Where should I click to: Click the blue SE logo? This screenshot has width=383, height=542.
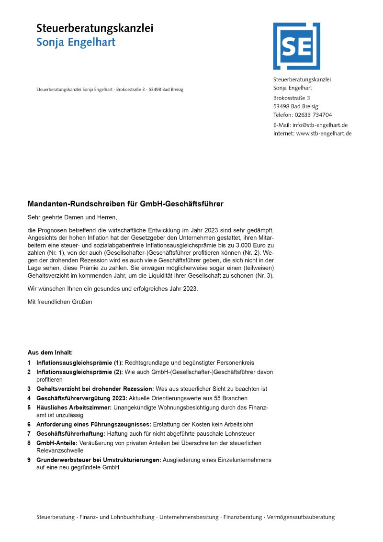(296, 46)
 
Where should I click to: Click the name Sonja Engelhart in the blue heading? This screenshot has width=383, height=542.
(76, 42)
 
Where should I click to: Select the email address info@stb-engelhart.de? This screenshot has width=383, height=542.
(320, 125)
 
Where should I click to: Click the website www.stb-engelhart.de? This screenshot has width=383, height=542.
(324, 134)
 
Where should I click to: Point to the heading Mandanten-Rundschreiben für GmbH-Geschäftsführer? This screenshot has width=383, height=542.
(125, 204)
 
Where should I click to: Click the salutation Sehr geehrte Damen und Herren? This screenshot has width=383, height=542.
(72, 217)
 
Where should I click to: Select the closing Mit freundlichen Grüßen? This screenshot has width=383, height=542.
(60, 302)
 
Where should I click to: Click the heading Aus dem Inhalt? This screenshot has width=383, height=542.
(50, 353)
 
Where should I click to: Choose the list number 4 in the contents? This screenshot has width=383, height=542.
(29, 398)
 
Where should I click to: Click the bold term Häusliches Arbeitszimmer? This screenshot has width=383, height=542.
(74, 407)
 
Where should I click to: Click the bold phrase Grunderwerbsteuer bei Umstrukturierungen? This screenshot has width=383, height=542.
(99, 460)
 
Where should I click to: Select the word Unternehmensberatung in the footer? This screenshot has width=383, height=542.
(189, 518)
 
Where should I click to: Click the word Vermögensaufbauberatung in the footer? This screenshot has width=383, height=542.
(301, 518)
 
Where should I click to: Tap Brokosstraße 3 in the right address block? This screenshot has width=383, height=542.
(292, 98)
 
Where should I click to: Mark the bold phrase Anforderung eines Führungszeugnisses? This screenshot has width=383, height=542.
(94, 425)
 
